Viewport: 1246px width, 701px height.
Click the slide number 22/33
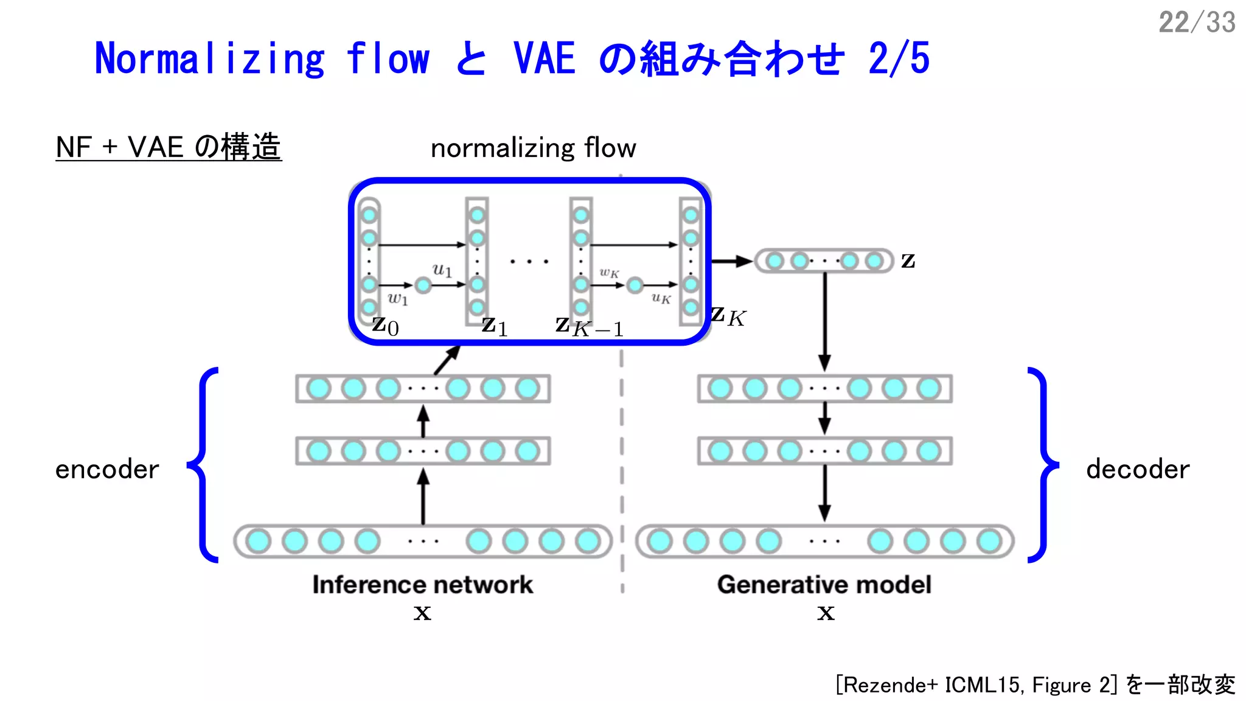[x=1196, y=23]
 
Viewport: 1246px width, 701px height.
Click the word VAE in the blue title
[x=545, y=59]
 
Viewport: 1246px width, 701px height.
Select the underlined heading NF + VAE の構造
[x=169, y=147]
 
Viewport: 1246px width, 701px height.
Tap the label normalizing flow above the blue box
[x=533, y=148]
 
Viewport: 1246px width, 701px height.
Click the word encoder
[x=107, y=469]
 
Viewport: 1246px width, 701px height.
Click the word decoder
[x=1138, y=469]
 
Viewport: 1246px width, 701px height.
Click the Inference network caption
[x=423, y=585]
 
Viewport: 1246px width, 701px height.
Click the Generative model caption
[x=824, y=585]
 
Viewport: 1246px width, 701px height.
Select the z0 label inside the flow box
[x=386, y=326]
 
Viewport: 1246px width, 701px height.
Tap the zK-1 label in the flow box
[x=589, y=327]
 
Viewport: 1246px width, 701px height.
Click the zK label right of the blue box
[x=728, y=316]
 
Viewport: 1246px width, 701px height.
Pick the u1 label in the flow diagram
[x=442, y=269]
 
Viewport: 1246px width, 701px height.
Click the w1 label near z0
[x=397, y=298]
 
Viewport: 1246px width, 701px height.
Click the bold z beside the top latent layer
[x=908, y=261]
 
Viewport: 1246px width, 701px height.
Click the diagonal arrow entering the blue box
[x=447, y=360]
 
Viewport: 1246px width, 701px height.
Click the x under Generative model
[x=826, y=613]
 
